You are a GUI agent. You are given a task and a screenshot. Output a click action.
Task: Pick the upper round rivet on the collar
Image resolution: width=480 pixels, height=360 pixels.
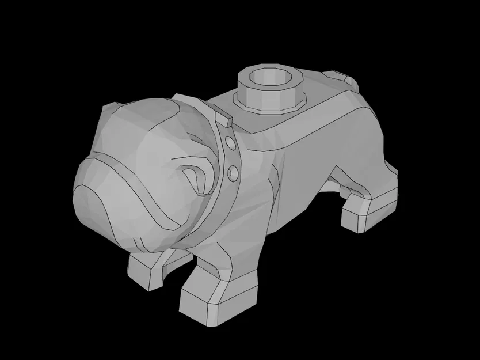tap(230, 142)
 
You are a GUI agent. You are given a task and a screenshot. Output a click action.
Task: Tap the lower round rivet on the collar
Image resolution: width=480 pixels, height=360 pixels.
tap(233, 172)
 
